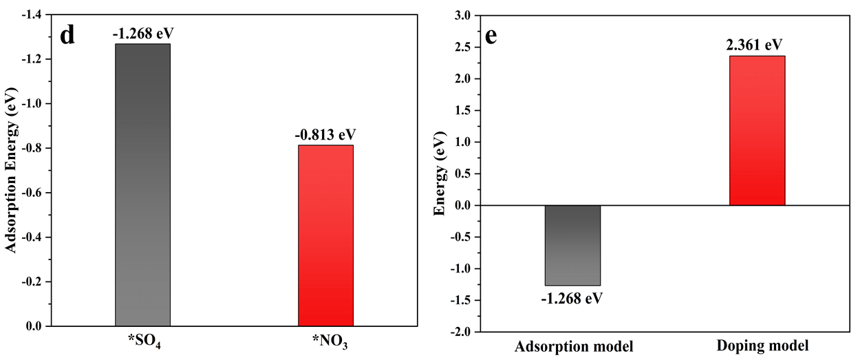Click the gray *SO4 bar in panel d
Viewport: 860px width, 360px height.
pyautogui.click(x=143, y=184)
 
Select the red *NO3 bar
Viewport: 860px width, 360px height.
pyautogui.click(x=326, y=235)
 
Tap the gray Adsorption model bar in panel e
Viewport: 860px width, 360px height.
pyautogui.click(x=573, y=246)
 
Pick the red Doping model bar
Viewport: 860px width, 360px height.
pyautogui.click(x=757, y=131)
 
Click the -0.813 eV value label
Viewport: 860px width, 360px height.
pyautogui.click(x=325, y=134)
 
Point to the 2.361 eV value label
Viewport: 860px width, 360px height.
pyautogui.click(x=754, y=45)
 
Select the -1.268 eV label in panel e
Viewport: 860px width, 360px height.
pyautogui.click(x=572, y=299)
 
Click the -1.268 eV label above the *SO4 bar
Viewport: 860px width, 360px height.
pyautogui.click(x=143, y=34)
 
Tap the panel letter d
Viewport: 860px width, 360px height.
pyautogui.click(x=67, y=35)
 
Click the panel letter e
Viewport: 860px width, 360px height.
pyautogui.click(x=491, y=36)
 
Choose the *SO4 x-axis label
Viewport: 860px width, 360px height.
pyautogui.click(x=144, y=341)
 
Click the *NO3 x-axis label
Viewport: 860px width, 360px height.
pyautogui.click(x=330, y=341)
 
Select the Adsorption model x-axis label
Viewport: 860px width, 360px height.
pyautogui.click(x=574, y=346)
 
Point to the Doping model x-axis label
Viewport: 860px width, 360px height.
pyautogui.click(x=762, y=346)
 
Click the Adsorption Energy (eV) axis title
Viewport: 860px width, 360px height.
pyautogui.click(x=11, y=170)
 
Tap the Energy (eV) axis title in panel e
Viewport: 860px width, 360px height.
pyautogui.click(x=440, y=173)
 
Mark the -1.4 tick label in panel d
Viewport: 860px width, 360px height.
pyautogui.click(x=32, y=15)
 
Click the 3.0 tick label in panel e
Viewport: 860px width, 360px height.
pyautogui.click(x=462, y=15)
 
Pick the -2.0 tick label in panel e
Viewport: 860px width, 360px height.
pyautogui.click(x=460, y=332)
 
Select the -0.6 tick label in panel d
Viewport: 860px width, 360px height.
pyautogui.click(x=32, y=193)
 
